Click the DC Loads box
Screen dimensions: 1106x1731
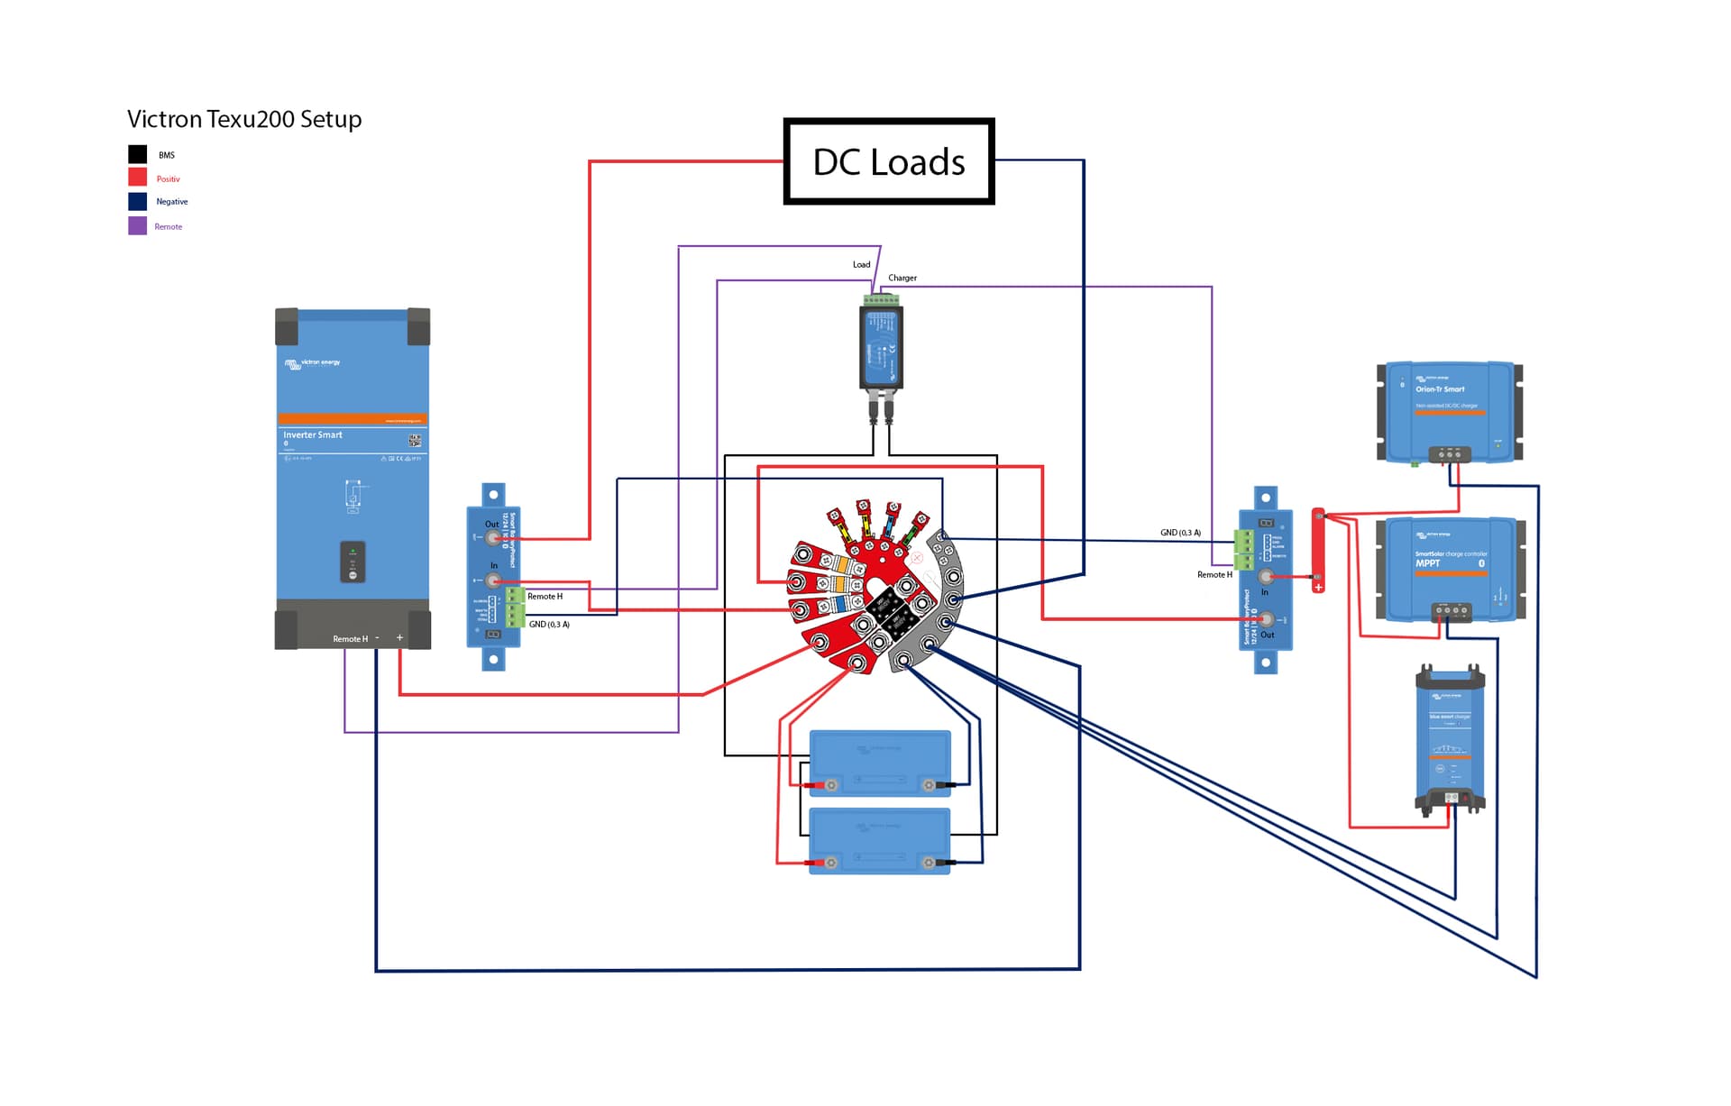coord(888,161)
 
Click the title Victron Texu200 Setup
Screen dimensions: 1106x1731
coord(244,119)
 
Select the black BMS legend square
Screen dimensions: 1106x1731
coord(137,154)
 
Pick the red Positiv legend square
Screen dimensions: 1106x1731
coord(137,178)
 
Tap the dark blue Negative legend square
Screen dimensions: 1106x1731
coord(137,201)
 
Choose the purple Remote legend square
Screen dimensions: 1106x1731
coord(137,225)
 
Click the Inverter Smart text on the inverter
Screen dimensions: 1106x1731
coord(313,434)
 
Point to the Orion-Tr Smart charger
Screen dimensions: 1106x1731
coord(1449,412)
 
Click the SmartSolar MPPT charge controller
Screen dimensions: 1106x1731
coord(1451,569)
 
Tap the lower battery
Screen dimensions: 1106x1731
coord(880,841)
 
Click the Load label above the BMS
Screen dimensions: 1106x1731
coord(861,264)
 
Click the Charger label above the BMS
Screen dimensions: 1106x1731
coord(902,278)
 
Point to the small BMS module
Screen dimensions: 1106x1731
coord(881,347)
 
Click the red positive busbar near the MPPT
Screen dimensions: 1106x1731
coord(1317,550)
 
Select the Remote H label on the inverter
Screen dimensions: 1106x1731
coord(350,639)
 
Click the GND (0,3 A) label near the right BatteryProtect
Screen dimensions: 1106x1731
coord(1179,533)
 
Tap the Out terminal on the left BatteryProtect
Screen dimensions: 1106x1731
coord(493,538)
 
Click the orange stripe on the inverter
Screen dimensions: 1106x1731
coord(353,419)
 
